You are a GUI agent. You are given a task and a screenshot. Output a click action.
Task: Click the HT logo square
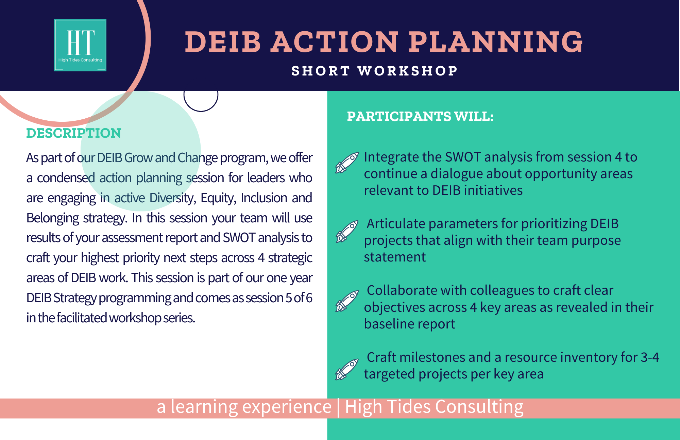pos(80,45)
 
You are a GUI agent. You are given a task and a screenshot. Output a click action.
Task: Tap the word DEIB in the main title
pos(223,42)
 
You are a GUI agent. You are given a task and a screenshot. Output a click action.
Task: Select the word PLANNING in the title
pos(496,42)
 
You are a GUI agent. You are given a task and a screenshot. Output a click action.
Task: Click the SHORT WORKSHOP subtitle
pos(375,71)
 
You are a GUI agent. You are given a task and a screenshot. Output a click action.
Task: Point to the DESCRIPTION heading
pos(74,133)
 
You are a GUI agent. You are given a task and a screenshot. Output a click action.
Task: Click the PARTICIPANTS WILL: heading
pos(420,117)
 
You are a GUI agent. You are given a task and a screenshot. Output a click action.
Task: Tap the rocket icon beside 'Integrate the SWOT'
pos(347,163)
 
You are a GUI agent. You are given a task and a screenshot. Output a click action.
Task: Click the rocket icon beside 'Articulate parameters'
pos(347,231)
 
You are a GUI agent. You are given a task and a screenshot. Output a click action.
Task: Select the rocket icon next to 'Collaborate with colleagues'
pos(347,301)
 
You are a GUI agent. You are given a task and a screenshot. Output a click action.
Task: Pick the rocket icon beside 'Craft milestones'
pos(347,369)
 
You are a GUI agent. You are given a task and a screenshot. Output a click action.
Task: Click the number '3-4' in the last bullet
pos(650,357)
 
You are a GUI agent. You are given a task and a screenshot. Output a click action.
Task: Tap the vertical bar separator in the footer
pos(338,407)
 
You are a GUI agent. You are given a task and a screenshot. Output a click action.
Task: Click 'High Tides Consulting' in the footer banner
pos(434,407)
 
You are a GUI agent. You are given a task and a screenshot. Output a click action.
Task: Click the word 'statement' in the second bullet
pos(395,257)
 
